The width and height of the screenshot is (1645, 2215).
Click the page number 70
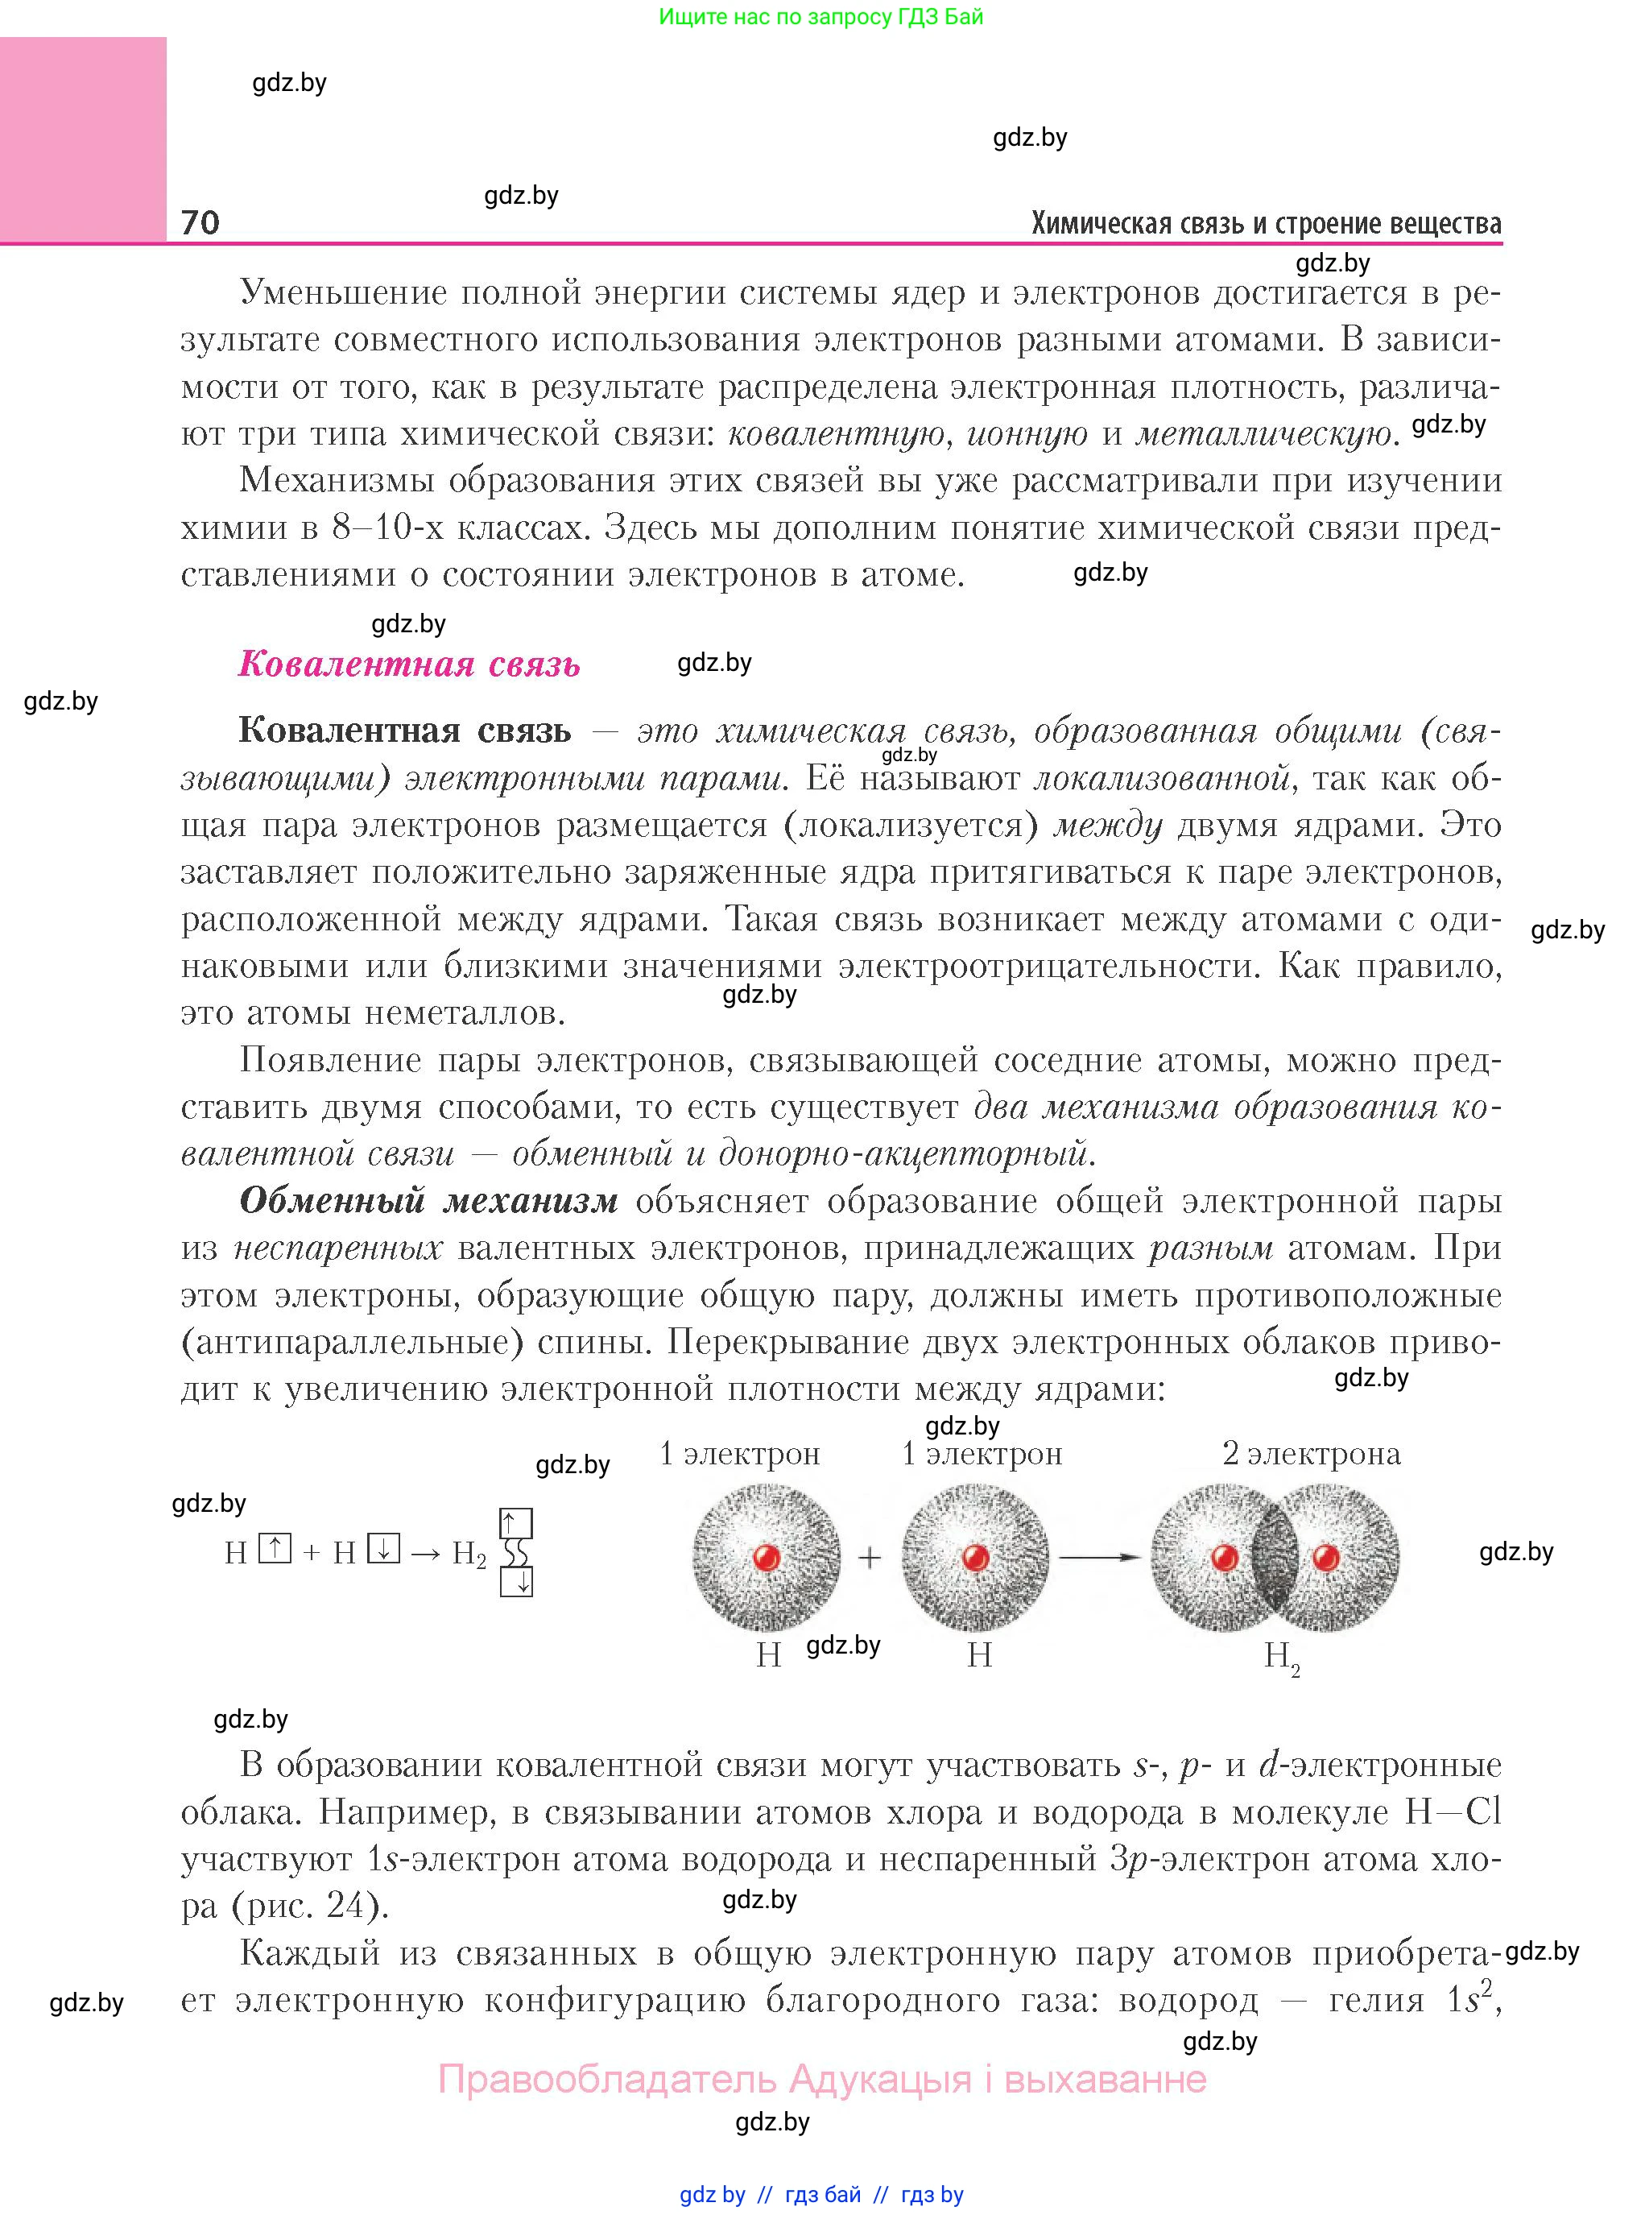point(200,221)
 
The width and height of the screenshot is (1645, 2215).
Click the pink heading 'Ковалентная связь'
point(408,664)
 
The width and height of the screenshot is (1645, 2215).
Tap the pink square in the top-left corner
point(83,139)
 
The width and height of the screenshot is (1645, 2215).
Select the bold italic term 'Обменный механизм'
point(428,1201)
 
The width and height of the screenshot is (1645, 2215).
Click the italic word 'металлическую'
point(1263,434)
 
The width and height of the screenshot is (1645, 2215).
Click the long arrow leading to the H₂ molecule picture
point(1098,1557)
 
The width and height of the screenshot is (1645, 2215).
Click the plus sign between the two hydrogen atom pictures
point(870,1558)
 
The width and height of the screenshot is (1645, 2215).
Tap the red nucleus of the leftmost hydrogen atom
point(766,1557)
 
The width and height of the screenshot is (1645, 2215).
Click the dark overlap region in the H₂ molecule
point(1275,1558)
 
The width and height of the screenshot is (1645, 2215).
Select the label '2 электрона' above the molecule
point(1310,1454)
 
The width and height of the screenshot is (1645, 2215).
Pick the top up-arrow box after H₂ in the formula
point(516,1524)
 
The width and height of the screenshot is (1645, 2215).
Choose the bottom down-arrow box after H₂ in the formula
point(516,1582)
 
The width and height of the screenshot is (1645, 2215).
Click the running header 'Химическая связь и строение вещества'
point(1266,223)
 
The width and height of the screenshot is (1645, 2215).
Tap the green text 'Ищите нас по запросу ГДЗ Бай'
point(820,17)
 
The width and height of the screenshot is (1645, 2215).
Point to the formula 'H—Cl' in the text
point(1452,1811)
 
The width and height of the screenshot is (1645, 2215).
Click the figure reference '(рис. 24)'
point(310,1907)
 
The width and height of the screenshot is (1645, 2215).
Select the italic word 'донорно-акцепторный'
point(902,1154)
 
